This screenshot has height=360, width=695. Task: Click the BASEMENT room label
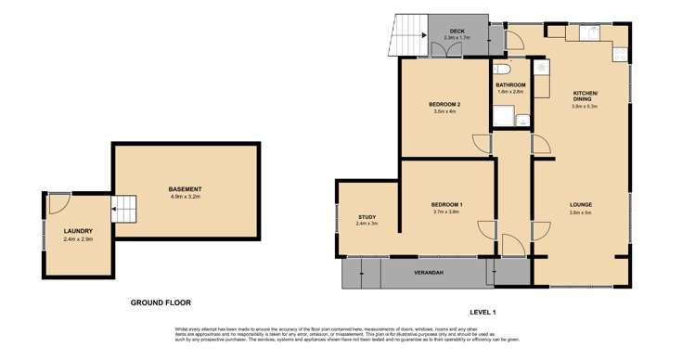(186, 189)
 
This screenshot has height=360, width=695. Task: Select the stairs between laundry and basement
(124, 209)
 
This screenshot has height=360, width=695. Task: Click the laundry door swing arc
(58, 203)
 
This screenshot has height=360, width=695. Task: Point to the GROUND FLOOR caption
(160, 303)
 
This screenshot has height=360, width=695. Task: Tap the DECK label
(457, 31)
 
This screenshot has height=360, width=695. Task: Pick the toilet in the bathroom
(502, 70)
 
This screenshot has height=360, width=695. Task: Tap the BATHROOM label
(510, 85)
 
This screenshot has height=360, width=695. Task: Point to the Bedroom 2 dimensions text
(445, 112)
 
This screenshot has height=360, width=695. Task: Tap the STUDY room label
(367, 217)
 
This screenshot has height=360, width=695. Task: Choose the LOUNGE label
(581, 204)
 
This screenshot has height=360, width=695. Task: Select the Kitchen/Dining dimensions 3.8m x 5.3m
(585, 107)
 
